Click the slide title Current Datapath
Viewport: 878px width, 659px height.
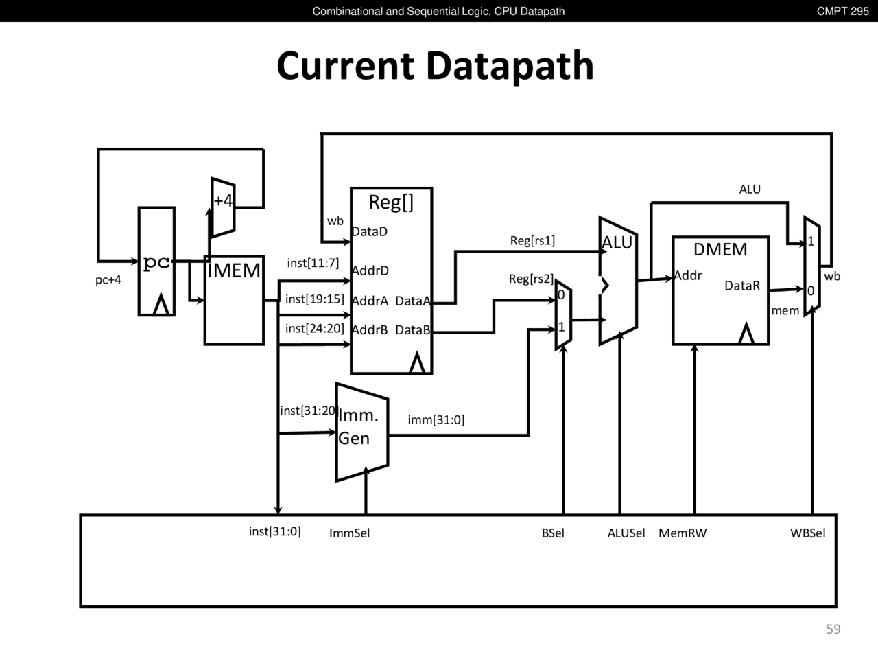pos(435,66)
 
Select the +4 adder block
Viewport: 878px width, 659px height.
pos(223,207)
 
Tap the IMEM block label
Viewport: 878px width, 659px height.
pos(234,270)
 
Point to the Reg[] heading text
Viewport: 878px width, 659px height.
pos(391,202)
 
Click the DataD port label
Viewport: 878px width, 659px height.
pos(370,231)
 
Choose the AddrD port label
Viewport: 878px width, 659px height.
pos(370,270)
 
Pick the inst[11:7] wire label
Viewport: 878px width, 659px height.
pos(313,263)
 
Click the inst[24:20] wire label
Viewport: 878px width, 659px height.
pos(315,328)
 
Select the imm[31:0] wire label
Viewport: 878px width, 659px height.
pos(436,419)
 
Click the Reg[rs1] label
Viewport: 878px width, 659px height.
pos(532,240)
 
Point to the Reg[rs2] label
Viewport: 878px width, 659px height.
pos(531,279)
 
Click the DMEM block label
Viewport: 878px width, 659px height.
pos(720,249)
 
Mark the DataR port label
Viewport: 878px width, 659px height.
pos(742,286)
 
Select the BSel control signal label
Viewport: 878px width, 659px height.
pos(553,533)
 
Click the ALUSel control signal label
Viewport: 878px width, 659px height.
pos(626,533)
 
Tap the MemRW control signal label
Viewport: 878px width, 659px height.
pos(683,533)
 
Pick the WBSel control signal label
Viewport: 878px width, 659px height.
pos(808,533)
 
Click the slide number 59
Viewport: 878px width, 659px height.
pos(833,629)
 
